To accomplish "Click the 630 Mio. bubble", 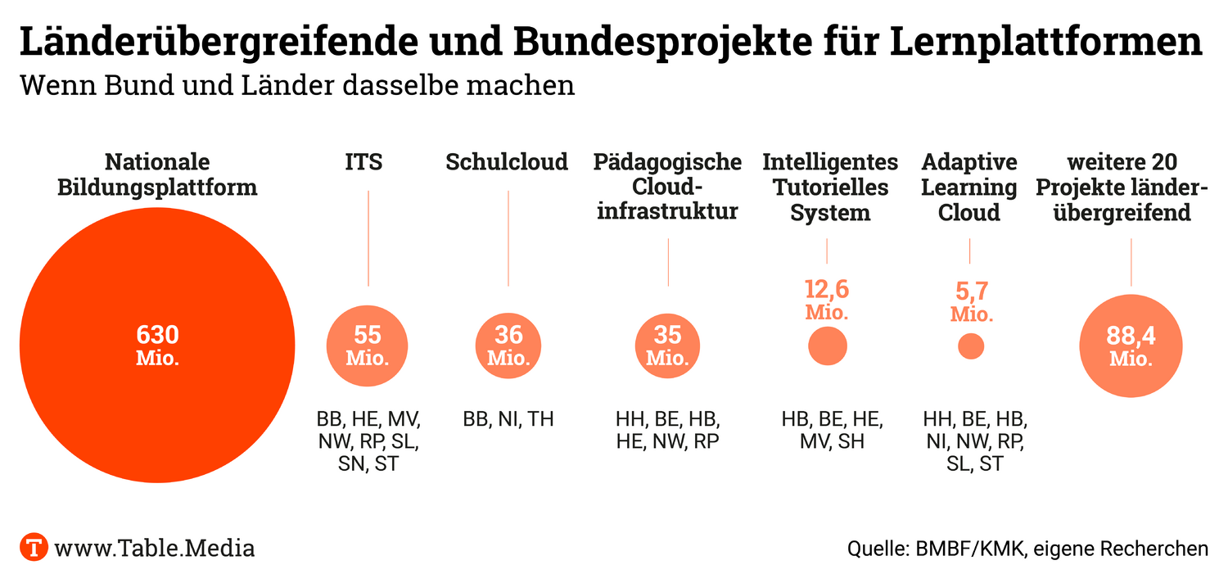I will pyautogui.click(x=156, y=346).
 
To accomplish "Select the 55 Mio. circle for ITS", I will pyautogui.click(x=368, y=346).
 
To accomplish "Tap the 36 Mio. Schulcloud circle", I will pyautogui.click(x=508, y=346).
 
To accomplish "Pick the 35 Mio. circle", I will pyautogui.click(x=668, y=346).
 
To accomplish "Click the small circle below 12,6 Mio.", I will pyautogui.click(x=827, y=346).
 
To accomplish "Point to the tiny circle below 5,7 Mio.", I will pyautogui.click(x=971, y=346).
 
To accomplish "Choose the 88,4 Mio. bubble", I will pyautogui.click(x=1131, y=347).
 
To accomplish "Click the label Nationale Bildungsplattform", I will pyautogui.click(x=156, y=174).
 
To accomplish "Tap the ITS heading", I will pyautogui.click(x=363, y=162).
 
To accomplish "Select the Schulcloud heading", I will pyautogui.click(x=507, y=162).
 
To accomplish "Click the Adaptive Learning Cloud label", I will pyautogui.click(x=969, y=188).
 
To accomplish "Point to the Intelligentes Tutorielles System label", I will pyautogui.click(x=830, y=188).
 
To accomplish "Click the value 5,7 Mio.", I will pyautogui.click(x=971, y=301).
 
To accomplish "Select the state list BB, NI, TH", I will pyautogui.click(x=508, y=419).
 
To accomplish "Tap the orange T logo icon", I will pyautogui.click(x=34, y=547).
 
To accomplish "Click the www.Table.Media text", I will pyautogui.click(x=155, y=548).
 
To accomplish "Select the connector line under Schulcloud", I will pyautogui.click(x=508, y=237).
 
